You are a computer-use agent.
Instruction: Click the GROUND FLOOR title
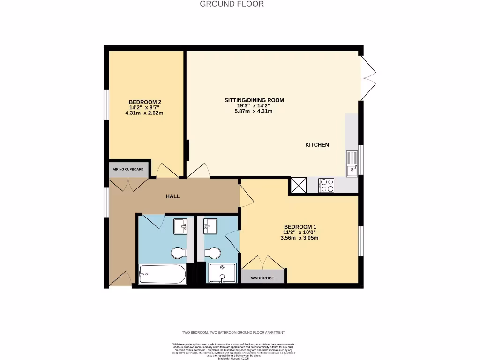[232, 4]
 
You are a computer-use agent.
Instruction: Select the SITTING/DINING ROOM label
[254, 100]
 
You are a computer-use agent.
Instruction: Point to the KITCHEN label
[317, 145]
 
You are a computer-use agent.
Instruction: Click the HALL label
[172, 196]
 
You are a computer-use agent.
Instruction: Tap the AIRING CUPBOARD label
[128, 169]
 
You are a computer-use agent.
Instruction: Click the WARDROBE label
[262, 278]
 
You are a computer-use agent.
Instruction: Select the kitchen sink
[352, 164]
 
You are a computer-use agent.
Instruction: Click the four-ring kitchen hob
[326, 185]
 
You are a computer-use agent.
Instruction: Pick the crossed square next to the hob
[299, 185]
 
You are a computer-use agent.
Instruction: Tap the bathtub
[162, 274]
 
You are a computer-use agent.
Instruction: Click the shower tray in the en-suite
[223, 273]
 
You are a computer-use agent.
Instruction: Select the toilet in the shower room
[213, 253]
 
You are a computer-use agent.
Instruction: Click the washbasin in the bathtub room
[180, 226]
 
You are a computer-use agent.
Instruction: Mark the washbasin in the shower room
[210, 226]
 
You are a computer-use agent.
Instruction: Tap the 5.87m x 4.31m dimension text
[253, 112]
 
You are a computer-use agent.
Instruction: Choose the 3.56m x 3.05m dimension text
[299, 238]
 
